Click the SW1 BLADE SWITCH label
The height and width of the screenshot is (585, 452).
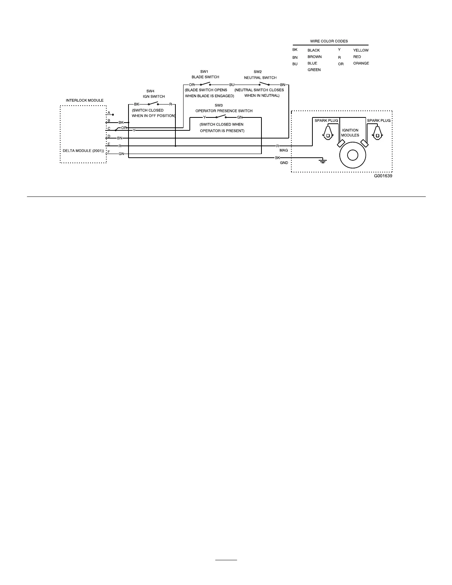pos(205,74)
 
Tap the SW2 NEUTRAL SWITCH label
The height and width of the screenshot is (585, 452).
pos(260,75)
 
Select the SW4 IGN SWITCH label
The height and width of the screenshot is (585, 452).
pos(154,94)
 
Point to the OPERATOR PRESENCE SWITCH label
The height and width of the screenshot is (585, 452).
pos(224,110)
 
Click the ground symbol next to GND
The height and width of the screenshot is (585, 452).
pos(322,161)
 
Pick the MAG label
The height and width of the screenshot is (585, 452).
pos(284,151)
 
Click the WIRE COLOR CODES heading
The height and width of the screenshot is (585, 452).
pos(329,41)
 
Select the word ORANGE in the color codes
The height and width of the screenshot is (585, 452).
pos(361,63)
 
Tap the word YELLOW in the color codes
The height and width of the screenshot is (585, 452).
pos(361,50)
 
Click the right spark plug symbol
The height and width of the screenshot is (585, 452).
pos(377,133)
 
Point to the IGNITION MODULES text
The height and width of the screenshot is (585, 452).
pos(350,133)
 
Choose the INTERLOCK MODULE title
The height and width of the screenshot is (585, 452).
pos(85,100)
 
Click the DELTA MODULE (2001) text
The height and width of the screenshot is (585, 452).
pos(83,151)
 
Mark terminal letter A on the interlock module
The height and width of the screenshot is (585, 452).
pos(109,113)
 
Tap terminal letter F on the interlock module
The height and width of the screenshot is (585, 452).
pos(109,151)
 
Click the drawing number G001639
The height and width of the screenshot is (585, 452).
pos(383,176)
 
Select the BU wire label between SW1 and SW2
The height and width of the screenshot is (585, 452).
pos(232,85)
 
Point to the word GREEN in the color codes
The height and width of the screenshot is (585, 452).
pos(314,70)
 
